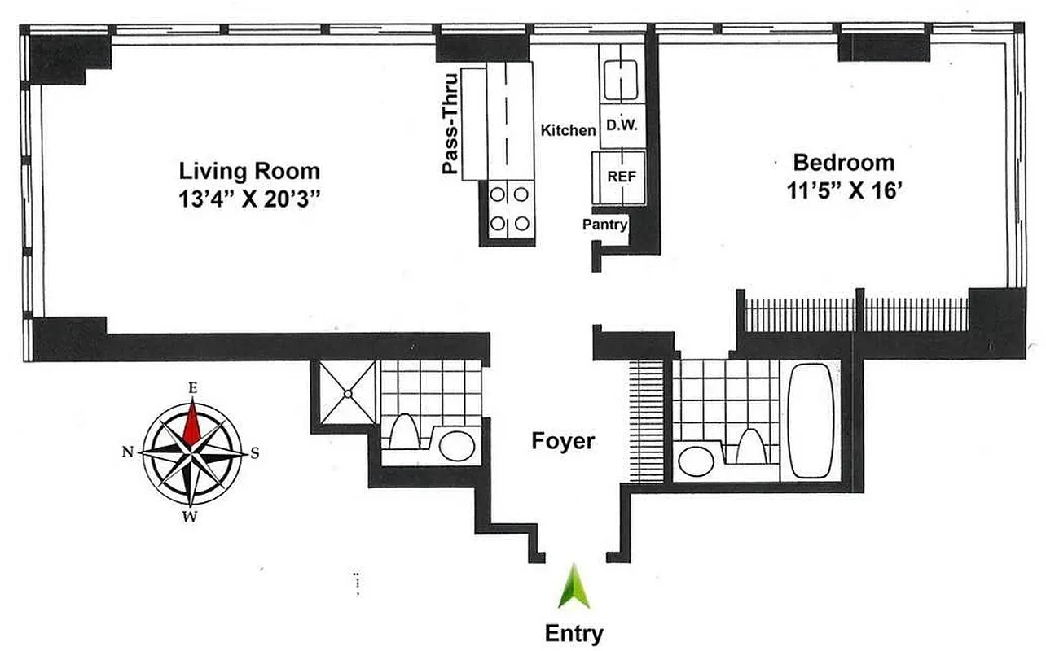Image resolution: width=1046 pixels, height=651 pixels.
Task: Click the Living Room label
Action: (x=249, y=172)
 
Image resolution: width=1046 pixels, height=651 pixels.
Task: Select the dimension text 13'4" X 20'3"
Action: (x=249, y=199)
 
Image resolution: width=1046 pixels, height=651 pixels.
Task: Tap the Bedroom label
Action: (x=844, y=162)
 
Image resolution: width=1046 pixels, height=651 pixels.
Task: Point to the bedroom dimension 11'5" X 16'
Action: (x=844, y=192)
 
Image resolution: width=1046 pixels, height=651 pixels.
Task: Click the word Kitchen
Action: (x=569, y=130)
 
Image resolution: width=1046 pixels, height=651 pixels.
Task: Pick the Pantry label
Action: (x=604, y=224)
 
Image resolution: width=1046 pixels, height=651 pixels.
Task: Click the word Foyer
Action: (x=563, y=442)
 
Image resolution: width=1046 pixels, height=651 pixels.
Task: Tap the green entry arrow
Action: (x=574, y=586)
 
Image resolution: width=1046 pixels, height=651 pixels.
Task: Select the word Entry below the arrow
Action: (x=574, y=634)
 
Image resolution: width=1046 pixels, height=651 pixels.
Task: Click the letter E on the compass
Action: (x=192, y=389)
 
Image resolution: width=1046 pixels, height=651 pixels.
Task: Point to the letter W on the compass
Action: (x=190, y=516)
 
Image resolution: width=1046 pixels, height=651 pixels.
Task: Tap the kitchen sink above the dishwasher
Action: (x=622, y=74)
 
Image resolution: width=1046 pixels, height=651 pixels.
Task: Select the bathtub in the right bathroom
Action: (x=810, y=421)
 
